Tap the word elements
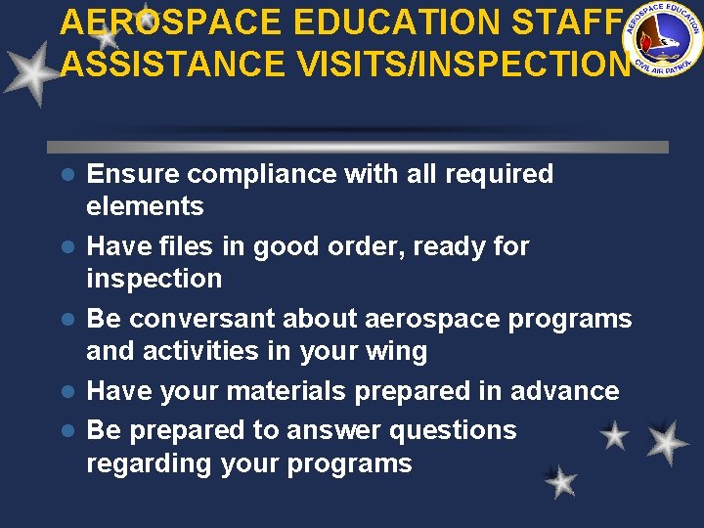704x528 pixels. click(x=145, y=206)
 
